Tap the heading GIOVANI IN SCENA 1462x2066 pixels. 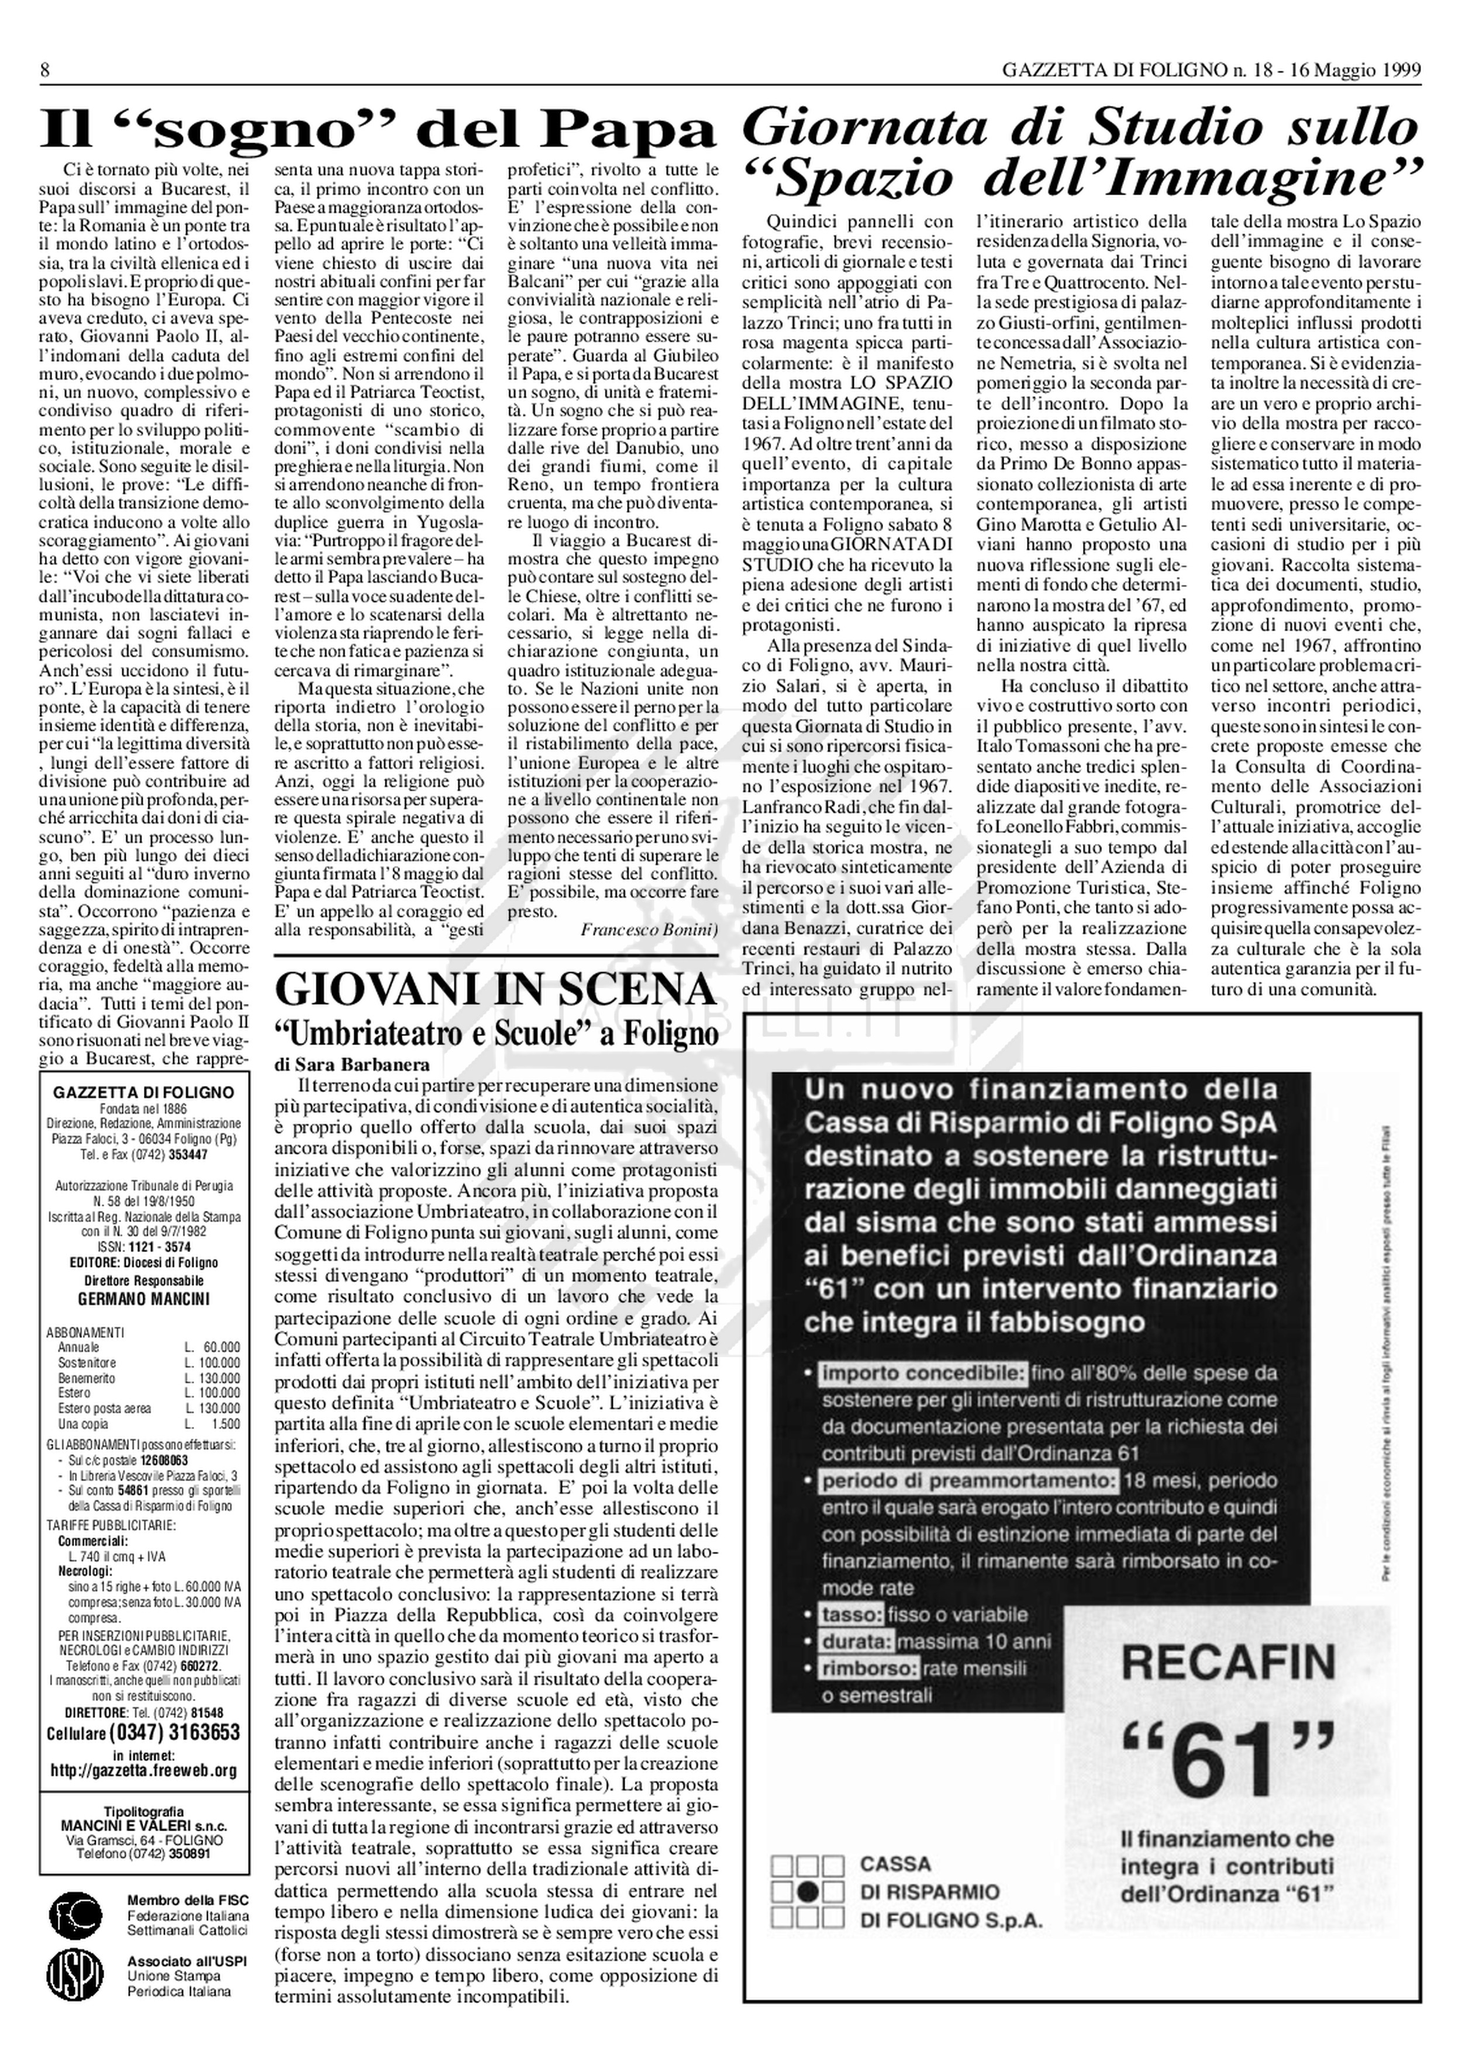[x=496, y=990]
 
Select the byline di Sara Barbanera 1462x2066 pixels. [x=339, y=1064]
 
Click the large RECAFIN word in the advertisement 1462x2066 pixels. [x=1228, y=1663]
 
